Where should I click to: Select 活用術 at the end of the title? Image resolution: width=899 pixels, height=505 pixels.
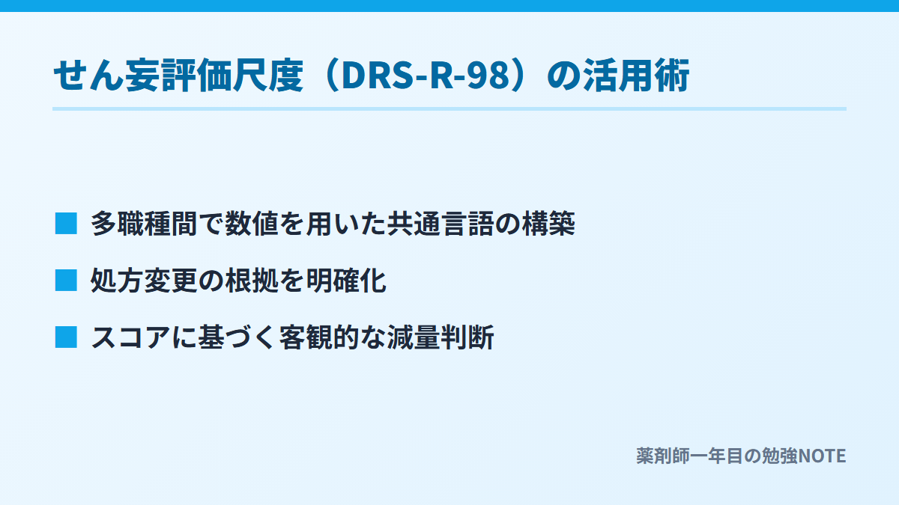coord(637,76)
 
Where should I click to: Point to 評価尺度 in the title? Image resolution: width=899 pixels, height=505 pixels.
coord(233,76)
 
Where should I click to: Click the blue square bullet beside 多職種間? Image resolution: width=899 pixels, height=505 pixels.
coord(66,223)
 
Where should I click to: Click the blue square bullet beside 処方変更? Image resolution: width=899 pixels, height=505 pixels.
coord(66,280)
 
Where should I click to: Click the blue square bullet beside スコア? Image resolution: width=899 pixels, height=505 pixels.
coord(66,337)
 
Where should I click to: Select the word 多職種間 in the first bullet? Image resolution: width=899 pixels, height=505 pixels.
coord(144,223)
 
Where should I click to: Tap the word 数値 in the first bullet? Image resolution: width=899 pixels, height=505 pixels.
coord(252,223)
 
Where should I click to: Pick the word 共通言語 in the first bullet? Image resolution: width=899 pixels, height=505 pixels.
coord(441,223)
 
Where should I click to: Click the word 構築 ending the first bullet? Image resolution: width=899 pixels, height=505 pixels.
coord(548,223)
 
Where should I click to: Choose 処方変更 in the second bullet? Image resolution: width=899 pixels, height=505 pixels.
coord(144,280)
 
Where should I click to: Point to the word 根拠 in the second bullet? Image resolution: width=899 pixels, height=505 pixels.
coord(252,280)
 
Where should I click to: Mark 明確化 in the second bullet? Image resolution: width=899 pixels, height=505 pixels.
coord(346,280)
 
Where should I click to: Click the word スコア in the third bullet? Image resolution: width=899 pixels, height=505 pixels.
coord(131,337)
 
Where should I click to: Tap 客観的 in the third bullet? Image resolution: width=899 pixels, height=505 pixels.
coord(319,337)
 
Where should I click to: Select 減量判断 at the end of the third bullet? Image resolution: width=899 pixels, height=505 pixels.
coord(441,337)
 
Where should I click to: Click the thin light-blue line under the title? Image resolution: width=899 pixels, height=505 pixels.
coord(449,108)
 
